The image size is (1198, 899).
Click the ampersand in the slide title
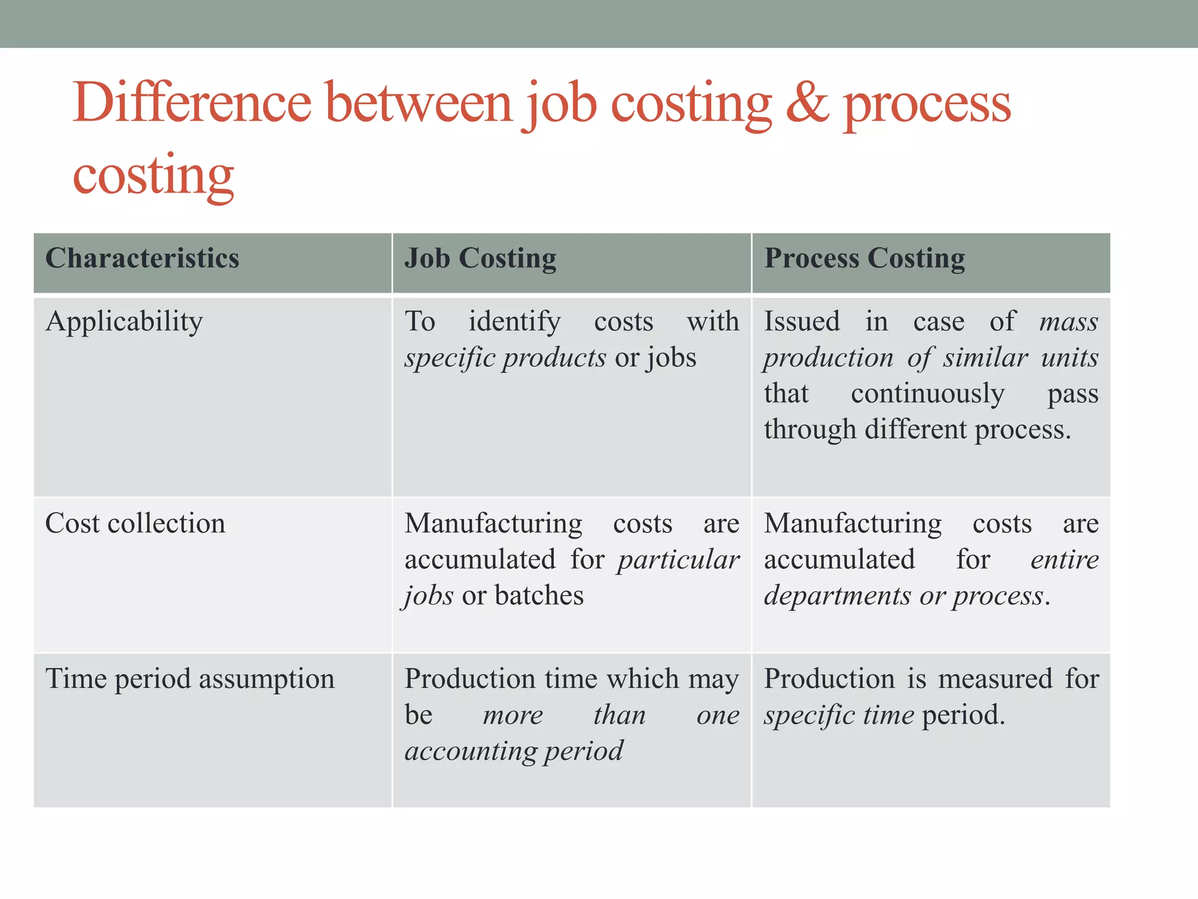click(807, 103)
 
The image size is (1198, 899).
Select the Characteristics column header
click(142, 258)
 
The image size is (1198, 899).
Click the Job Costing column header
click(480, 258)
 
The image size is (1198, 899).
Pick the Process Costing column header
click(865, 258)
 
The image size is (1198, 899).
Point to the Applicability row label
click(124, 322)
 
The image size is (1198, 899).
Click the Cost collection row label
click(135, 523)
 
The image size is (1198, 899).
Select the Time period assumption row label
click(190, 680)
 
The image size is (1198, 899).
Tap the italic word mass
click(1068, 322)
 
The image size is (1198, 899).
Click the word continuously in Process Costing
click(928, 394)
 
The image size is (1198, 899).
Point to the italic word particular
click(679, 560)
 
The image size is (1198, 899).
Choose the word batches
click(539, 596)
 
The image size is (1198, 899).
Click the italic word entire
click(1064, 560)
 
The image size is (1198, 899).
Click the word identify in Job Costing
click(514, 322)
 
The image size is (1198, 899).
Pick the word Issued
click(802, 322)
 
